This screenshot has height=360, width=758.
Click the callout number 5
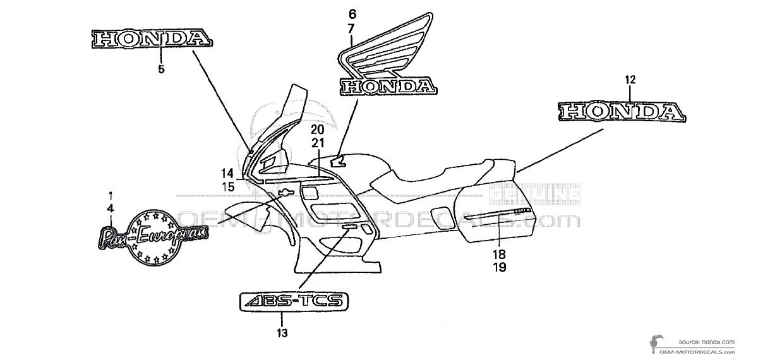(161, 69)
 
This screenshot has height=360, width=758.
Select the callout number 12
(630, 80)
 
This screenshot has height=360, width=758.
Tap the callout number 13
(282, 332)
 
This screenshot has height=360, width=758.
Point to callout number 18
(500, 255)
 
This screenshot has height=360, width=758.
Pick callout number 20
(317, 129)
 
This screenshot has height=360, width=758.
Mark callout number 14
(227, 174)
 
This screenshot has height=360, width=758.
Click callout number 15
(227, 186)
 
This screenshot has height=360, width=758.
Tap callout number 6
(351, 13)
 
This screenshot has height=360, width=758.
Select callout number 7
(351, 27)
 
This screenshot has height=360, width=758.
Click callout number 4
(111, 207)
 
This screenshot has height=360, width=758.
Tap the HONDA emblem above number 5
(150, 39)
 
